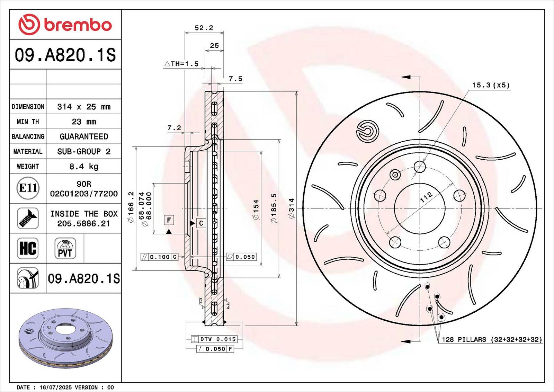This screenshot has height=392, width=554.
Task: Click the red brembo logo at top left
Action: (x=65, y=25)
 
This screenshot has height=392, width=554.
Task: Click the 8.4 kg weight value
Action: (x=84, y=167)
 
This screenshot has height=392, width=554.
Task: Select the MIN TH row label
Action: (x=28, y=122)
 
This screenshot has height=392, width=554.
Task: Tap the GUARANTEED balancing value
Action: (x=84, y=136)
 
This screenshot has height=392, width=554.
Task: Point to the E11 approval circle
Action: (x=28, y=188)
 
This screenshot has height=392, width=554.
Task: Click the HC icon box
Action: (x=28, y=248)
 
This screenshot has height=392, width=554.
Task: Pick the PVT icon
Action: (x=65, y=248)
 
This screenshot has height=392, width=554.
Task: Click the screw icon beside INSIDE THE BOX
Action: (x=28, y=218)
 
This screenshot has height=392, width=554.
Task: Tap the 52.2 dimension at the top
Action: (x=204, y=28)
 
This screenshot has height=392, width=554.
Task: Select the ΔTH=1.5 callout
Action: (x=181, y=64)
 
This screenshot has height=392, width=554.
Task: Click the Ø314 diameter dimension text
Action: (x=292, y=208)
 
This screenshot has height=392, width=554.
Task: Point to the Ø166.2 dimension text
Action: (x=131, y=207)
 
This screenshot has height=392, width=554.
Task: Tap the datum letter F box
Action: (x=169, y=220)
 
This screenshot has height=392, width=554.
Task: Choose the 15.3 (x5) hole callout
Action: (x=491, y=85)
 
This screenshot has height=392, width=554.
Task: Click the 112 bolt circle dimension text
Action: (x=426, y=197)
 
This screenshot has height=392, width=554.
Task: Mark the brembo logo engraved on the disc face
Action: (x=367, y=131)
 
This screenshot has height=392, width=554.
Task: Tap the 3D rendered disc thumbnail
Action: (x=65, y=338)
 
